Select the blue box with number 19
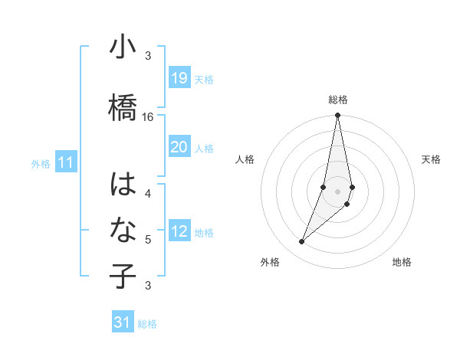[x=179, y=78]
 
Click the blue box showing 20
[x=179, y=147]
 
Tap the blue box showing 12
[x=179, y=231]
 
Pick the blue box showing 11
[x=66, y=162]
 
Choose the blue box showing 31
[x=123, y=322]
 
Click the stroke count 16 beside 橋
[x=148, y=117]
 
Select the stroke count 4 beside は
[x=148, y=194]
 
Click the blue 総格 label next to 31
[x=147, y=324]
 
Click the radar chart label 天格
[x=432, y=159]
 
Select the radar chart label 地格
[x=402, y=262]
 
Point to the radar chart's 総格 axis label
[x=337, y=100]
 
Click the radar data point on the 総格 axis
[x=337, y=116]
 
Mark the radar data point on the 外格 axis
[x=301, y=242]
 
